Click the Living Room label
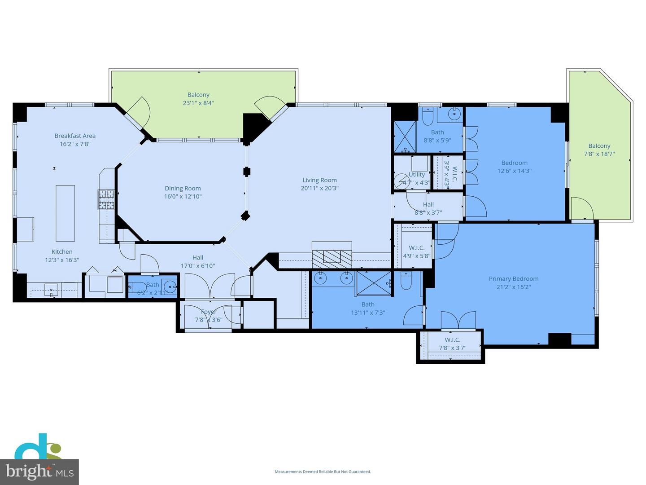(x=319, y=180)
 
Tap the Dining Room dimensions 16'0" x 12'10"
(x=183, y=196)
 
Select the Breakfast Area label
(x=75, y=136)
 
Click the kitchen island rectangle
(x=65, y=213)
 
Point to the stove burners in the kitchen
(x=106, y=200)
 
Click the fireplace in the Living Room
(x=332, y=256)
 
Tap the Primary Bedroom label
(x=513, y=279)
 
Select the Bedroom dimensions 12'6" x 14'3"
(x=514, y=171)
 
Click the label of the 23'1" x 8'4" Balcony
(x=198, y=95)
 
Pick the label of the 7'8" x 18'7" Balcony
(x=599, y=146)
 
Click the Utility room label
(x=416, y=175)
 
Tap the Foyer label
(x=209, y=312)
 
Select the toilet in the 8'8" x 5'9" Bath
(x=428, y=116)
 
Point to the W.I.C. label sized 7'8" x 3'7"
(x=453, y=340)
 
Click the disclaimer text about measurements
(x=323, y=472)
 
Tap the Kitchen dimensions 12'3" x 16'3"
(x=62, y=260)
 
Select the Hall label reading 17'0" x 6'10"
(x=198, y=257)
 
